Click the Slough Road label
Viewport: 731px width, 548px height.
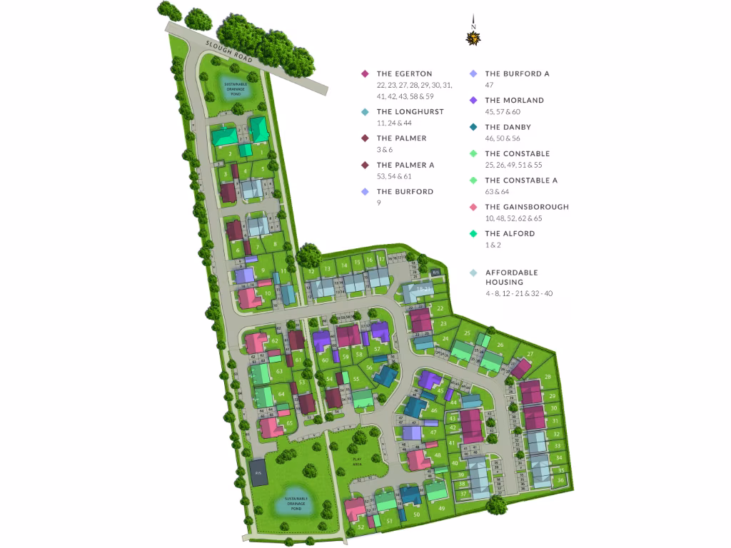pos(230,55)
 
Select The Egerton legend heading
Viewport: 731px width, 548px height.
pos(404,74)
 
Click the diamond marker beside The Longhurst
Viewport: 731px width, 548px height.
pos(365,112)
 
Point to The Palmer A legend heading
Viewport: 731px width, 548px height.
pos(405,165)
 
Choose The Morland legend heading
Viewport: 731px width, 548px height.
pos(514,101)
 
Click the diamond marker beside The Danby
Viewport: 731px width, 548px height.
pos(473,128)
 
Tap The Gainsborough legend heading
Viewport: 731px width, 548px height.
pos(527,207)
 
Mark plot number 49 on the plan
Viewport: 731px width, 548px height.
pos(442,508)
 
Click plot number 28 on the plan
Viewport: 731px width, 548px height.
pos(548,377)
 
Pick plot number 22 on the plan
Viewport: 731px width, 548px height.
pos(440,308)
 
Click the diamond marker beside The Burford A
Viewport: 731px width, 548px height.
pos(473,74)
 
